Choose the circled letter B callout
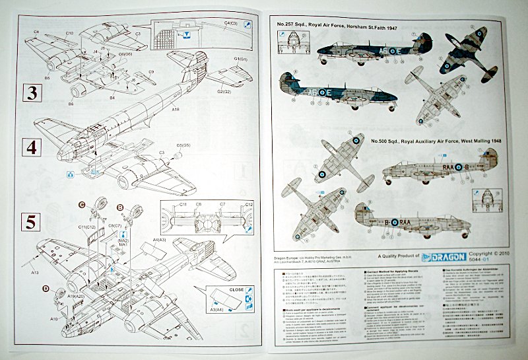[x=121, y=207]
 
